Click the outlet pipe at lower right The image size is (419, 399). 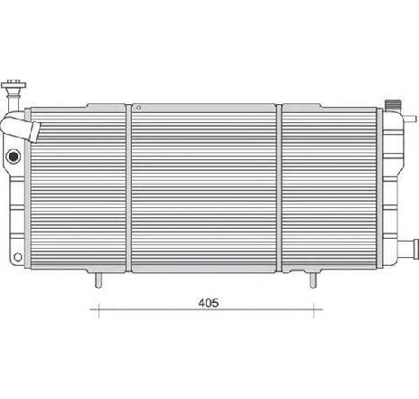click(x=412, y=246)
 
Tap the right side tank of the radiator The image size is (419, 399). click(x=394, y=181)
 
